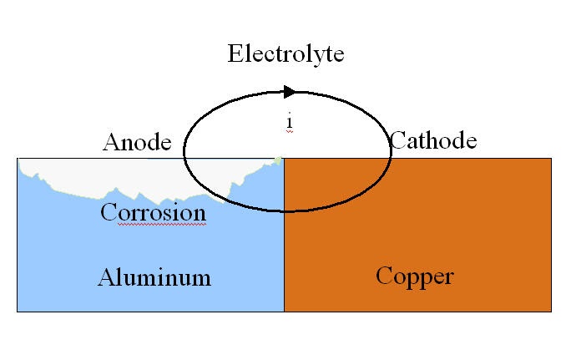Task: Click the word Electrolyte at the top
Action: point(285,54)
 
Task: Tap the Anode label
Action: point(137,142)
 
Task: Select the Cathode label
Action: point(433,139)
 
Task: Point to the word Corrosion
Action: point(153,212)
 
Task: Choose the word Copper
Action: point(414,276)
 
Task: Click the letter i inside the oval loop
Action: point(289,122)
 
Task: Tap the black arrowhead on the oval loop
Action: point(289,91)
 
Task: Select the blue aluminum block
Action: point(75,251)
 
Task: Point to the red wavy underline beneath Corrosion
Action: point(153,225)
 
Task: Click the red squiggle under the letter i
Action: point(289,132)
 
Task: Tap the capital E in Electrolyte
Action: point(235,54)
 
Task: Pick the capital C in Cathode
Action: point(398,139)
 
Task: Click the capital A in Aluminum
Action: point(106,277)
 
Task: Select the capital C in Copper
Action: point(384,276)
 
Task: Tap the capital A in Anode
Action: point(111,142)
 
